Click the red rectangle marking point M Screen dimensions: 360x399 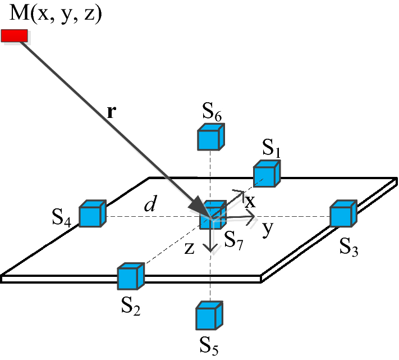point(14,36)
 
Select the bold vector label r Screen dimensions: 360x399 point(111,111)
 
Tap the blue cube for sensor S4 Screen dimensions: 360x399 point(92,214)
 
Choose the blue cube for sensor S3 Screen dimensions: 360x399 point(342,213)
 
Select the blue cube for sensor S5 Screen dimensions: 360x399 point(210,316)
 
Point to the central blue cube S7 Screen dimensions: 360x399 point(213,215)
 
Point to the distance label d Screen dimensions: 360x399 point(149,205)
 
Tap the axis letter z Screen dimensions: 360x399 point(190,249)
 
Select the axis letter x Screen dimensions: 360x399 point(250,199)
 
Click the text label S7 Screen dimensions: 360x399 point(237,241)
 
